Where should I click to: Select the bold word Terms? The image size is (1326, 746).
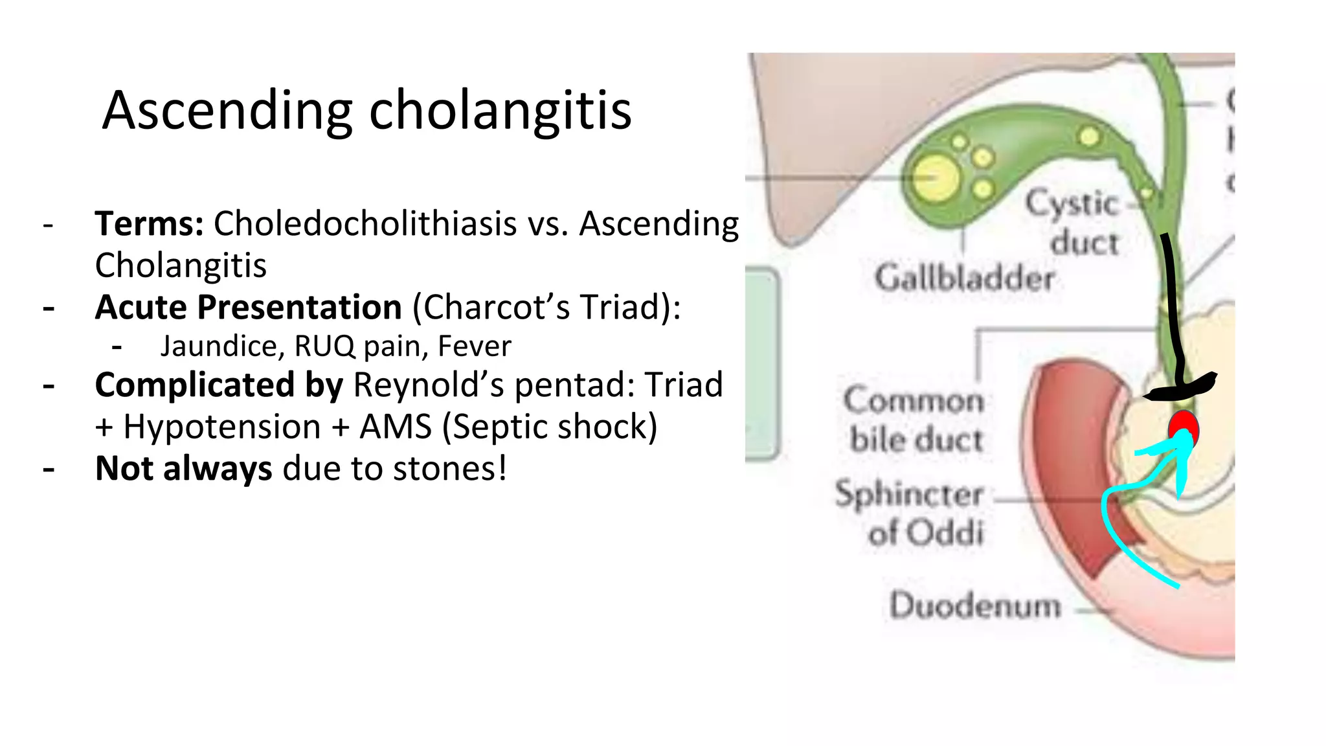150,224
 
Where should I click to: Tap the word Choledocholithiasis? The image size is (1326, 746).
365,224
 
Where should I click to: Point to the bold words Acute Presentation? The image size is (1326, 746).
248,307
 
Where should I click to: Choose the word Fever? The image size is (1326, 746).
474,346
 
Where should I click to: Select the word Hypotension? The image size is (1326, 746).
222,427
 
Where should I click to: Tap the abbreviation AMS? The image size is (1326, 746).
396,427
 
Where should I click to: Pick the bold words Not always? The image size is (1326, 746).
183,469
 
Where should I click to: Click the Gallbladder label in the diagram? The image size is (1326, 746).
964,278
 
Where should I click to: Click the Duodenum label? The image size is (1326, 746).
975,606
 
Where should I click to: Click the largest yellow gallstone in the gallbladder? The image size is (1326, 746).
937,177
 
